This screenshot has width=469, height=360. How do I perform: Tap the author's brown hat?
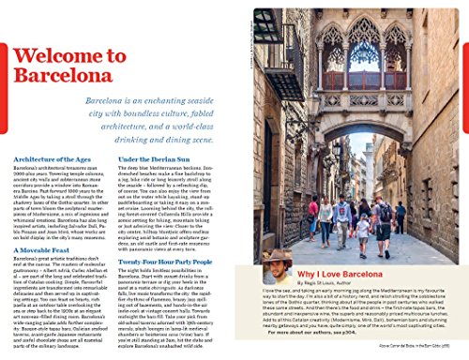coord(277,256)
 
